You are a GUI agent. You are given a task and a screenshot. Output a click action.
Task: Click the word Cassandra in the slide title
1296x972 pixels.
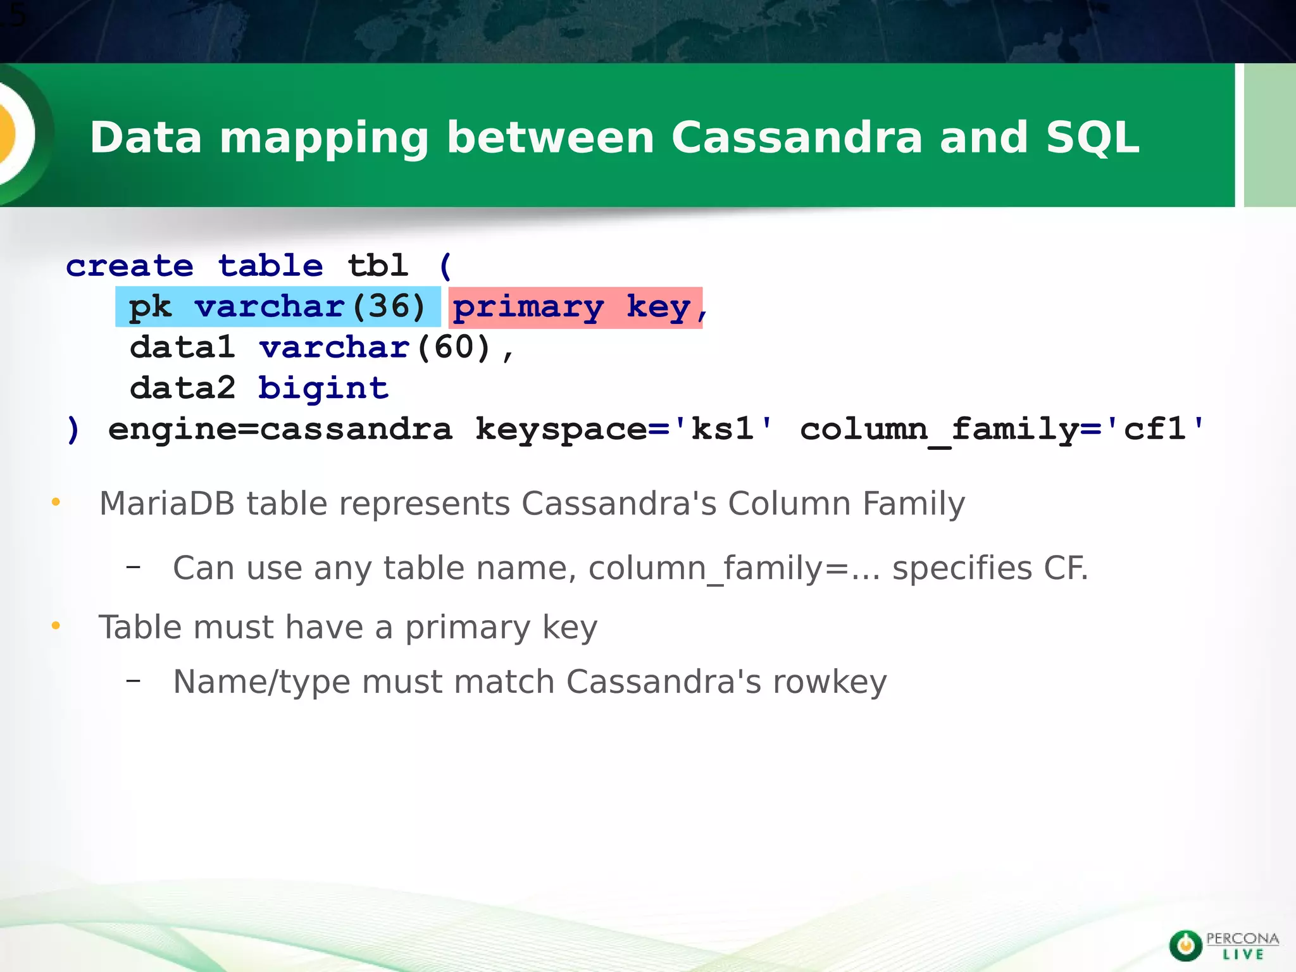pyautogui.click(x=797, y=137)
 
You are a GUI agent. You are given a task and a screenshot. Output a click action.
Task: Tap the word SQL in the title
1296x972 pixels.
pyautogui.click(x=1092, y=137)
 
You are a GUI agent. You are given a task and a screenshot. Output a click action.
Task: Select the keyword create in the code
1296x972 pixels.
pyautogui.click(x=130, y=266)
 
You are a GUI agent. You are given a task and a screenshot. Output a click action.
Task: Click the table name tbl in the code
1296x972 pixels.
pyautogui.click(x=378, y=266)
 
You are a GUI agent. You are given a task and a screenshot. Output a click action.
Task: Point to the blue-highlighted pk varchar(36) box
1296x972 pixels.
pyautogui.click(x=278, y=307)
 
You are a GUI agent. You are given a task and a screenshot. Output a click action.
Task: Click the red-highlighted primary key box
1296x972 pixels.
pyautogui.click(x=575, y=308)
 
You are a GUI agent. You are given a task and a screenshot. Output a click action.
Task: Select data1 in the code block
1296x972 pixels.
pyautogui.click(x=182, y=347)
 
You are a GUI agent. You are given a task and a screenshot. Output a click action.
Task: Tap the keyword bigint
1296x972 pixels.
pyautogui.click(x=323, y=388)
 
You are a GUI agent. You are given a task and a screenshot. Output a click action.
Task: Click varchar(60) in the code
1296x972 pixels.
pyautogui.click(x=375, y=347)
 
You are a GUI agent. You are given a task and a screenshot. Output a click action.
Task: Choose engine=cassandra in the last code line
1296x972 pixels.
pyautogui.click(x=280, y=430)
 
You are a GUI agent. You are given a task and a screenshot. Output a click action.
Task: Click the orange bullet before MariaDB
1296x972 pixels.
pyautogui.click(x=56, y=502)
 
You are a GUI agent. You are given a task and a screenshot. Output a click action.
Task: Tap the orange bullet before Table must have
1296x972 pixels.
pyautogui.click(x=56, y=626)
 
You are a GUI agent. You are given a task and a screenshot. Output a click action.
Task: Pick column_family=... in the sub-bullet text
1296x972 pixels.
pyautogui.click(x=734, y=568)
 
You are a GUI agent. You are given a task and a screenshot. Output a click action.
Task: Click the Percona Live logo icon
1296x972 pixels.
pyautogui.click(x=1185, y=945)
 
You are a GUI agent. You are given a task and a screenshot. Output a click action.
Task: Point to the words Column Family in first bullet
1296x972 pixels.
pyautogui.click(x=846, y=504)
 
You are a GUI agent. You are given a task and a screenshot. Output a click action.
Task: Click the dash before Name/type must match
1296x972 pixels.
pyautogui.click(x=133, y=681)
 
